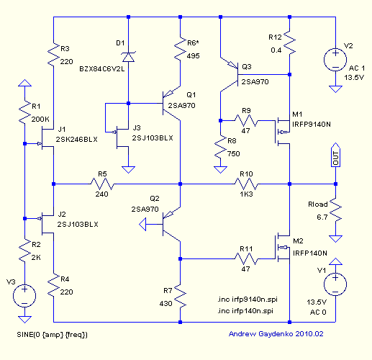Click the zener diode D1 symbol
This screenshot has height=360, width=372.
tap(128, 57)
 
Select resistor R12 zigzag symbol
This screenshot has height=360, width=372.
tap(289, 42)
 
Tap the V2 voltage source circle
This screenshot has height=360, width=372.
tap(335, 60)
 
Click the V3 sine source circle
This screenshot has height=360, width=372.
tap(24, 296)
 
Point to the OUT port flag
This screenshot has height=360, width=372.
tap(335, 155)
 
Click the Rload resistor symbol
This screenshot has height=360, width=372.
tap(335, 210)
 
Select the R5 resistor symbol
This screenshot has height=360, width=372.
tap(102, 184)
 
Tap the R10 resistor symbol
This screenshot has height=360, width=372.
tap(246, 184)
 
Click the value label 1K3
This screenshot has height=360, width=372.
tap(246, 194)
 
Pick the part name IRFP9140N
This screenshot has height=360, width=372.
tap(312, 125)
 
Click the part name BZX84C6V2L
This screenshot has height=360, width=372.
tap(102, 69)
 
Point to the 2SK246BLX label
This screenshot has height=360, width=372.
tap(76, 139)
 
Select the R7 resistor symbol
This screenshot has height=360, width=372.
tap(180, 296)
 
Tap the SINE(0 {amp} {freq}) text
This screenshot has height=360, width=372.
tap(52, 335)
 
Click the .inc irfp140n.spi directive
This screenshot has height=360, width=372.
tap(245, 311)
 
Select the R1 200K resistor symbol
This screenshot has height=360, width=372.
tap(24, 112)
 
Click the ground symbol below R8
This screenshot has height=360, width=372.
tap(220, 170)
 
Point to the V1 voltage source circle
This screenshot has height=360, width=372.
tap(335, 284)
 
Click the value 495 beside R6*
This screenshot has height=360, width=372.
tap(193, 56)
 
